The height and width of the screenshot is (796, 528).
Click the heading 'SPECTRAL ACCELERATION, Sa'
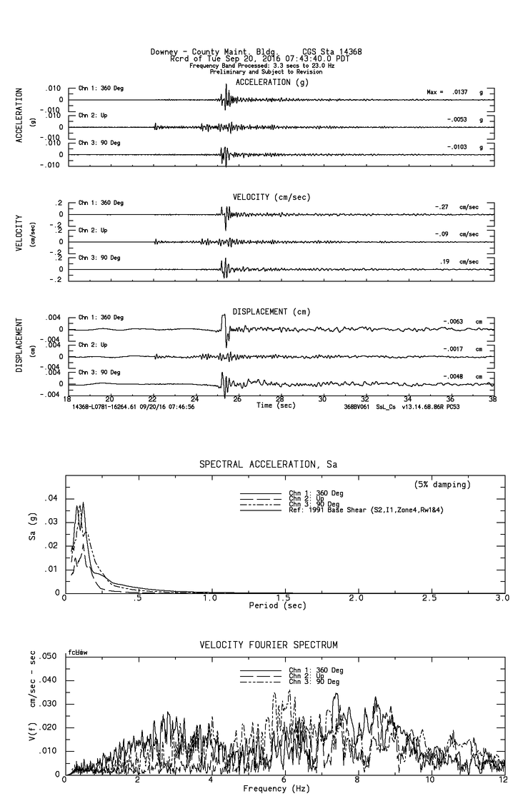pyautogui.click(x=268, y=464)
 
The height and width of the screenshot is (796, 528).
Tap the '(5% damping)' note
pyautogui.click(x=442, y=485)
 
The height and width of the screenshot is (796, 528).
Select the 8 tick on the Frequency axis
pyautogui.click(x=357, y=781)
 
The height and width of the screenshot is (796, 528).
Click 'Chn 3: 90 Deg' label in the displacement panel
pyautogui.click(x=99, y=372)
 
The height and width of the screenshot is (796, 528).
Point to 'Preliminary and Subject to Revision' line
pyautogui.click(x=262, y=72)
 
